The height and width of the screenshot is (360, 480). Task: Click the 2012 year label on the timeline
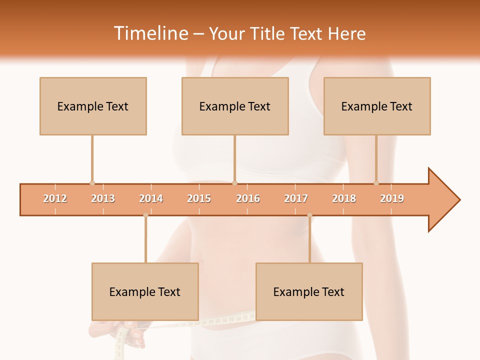(55, 198)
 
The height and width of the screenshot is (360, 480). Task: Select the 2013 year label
(103, 198)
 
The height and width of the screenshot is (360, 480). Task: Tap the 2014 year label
(151, 198)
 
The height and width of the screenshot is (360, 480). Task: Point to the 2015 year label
(199, 198)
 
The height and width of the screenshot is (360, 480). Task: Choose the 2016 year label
(248, 198)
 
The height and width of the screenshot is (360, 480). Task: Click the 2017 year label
(296, 198)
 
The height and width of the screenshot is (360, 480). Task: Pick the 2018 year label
(344, 198)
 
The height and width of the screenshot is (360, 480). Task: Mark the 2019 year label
(392, 198)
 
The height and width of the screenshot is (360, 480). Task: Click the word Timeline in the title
(150, 33)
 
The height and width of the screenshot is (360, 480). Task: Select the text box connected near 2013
(93, 106)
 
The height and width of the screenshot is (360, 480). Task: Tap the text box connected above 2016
(235, 106)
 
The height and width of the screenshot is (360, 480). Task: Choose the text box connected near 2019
(377, 106)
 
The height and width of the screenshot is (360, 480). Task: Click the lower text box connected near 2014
(145, 291)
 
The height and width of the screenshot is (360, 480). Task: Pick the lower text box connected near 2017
(309, 291)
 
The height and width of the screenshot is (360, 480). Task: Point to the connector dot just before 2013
(92, 183)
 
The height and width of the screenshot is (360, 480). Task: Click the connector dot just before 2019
(376, 183)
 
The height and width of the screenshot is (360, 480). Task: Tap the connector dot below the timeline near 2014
(145, 215)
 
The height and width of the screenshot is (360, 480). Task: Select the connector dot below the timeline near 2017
(309, 215)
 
